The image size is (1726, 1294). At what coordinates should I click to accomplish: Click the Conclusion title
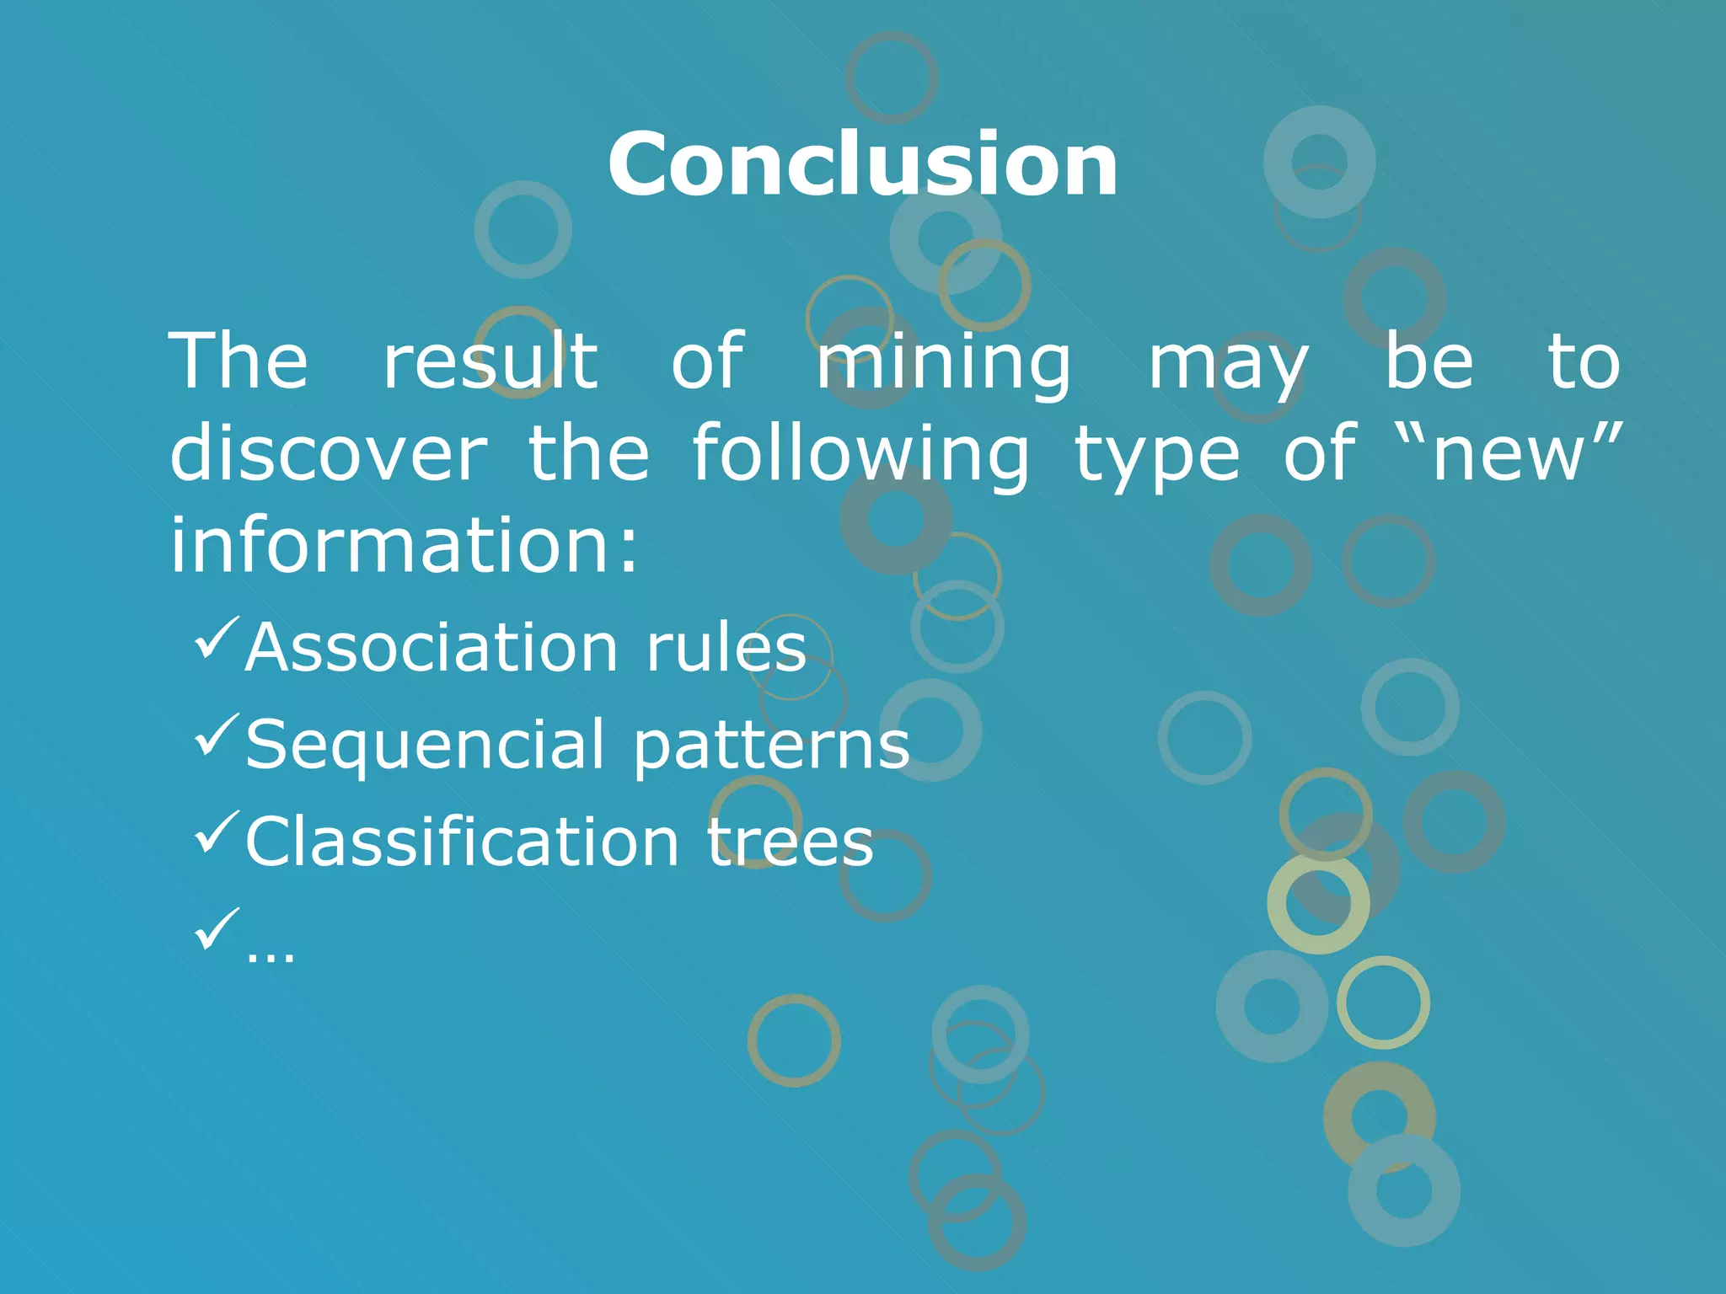tap(862, 165)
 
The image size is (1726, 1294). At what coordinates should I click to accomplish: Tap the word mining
tap(943, 364)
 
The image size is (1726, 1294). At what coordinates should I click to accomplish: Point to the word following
tap(860, 455)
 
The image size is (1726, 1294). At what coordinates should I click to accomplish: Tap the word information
tap(405, 546)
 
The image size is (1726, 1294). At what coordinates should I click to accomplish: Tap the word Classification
tap(462, 842)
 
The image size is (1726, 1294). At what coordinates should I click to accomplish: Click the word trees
tap(790, 842)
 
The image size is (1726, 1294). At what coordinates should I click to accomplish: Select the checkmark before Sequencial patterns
tap(217, 735)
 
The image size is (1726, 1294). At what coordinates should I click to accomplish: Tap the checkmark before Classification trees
tap(217, 831)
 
